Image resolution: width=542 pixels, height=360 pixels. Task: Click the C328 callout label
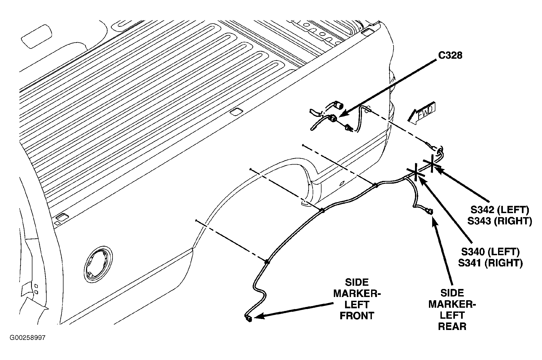coord(450,55)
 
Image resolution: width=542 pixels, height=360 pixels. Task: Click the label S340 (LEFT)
coord(490,252)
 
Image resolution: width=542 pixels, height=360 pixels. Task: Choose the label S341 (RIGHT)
coord(490,263)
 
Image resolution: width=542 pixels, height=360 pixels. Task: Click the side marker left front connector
coord(249,318)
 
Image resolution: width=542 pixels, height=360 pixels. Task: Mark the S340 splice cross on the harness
coord(416,172)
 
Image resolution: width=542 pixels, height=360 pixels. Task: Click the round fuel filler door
coord(98,264)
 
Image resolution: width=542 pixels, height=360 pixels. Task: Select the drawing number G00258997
coord(28,337)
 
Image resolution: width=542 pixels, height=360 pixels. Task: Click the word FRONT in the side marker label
coord(357,316)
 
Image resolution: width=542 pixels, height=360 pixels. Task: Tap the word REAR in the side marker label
coord(452,326)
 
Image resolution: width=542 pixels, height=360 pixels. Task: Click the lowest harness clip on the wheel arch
coord(267,262)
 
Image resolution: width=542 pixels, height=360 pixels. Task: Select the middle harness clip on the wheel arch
coord(323,211)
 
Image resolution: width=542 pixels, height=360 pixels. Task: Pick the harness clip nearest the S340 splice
coord(376,185)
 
